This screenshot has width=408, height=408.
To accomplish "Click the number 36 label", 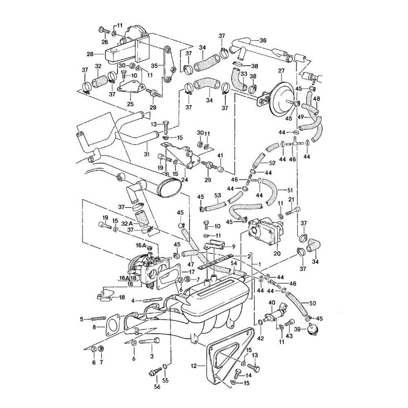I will (263, 40).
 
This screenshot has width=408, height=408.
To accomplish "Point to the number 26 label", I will (105, 42).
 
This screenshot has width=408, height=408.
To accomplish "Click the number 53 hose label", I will (218, 196).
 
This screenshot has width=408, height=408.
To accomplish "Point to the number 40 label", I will (271, 303).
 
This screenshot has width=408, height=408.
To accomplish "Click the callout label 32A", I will (127, 224).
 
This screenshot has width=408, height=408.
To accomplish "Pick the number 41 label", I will (220, 155).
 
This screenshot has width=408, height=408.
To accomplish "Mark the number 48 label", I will (317, 98).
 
